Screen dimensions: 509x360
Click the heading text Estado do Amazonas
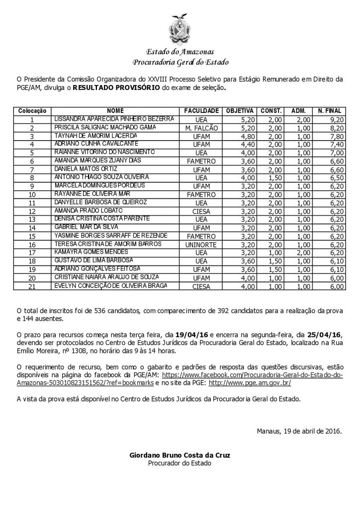180,53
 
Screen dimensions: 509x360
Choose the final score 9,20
336,119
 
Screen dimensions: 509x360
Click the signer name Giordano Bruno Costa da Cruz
180,455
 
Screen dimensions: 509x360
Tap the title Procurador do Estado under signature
180,463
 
